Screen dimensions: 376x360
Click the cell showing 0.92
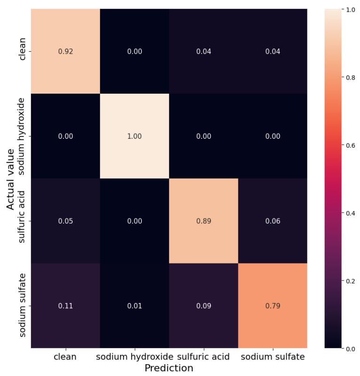tap(65, 51)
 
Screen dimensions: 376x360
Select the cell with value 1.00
tap(134, 136)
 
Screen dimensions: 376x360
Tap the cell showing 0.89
tap(203, 221)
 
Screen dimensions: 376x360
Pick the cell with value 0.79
tap(273, 306)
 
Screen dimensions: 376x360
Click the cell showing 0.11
tap(65, 306)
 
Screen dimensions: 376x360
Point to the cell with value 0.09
tap(203, 306)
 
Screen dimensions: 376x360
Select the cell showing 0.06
tap(273, 221)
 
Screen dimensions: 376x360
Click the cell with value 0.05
tap(65, 221)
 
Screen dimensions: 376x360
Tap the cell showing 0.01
tap(134, 306)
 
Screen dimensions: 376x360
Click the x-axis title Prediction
tap(169, 368)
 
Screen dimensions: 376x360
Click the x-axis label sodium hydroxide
tap(134, 357)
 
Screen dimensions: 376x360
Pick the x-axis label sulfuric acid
tap(203, 357)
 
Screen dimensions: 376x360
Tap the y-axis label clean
tap(22, 51)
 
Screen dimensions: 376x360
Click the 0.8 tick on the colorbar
tap(350, 78)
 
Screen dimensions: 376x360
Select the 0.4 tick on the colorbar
tap(350, 213)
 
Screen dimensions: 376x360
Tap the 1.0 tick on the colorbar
tap(350, 10)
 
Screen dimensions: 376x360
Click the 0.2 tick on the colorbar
tap(350, 281)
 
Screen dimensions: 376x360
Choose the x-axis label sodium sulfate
tap(273, 357)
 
